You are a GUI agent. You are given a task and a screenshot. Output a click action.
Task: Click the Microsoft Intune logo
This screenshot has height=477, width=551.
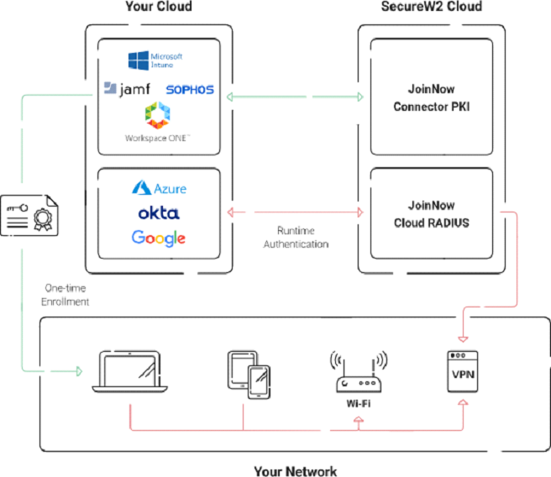[155, 60]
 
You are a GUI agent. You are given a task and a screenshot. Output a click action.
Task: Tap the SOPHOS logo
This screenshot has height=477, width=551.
[191, 89]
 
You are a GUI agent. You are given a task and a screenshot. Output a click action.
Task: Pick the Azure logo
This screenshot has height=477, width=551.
[159, 188]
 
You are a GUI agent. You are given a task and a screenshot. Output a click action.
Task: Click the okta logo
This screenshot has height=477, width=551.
[159, 213]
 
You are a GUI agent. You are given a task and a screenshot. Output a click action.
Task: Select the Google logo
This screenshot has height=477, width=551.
[159, 238]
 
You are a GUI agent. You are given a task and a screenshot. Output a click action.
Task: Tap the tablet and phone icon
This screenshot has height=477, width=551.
[249, 371]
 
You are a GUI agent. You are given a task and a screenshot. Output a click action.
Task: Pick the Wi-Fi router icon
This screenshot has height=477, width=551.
[359, 370]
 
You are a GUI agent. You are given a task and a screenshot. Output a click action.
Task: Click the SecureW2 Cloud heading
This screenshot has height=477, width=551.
[430, 8]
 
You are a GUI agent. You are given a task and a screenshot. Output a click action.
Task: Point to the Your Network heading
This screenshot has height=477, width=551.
[295, 469]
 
